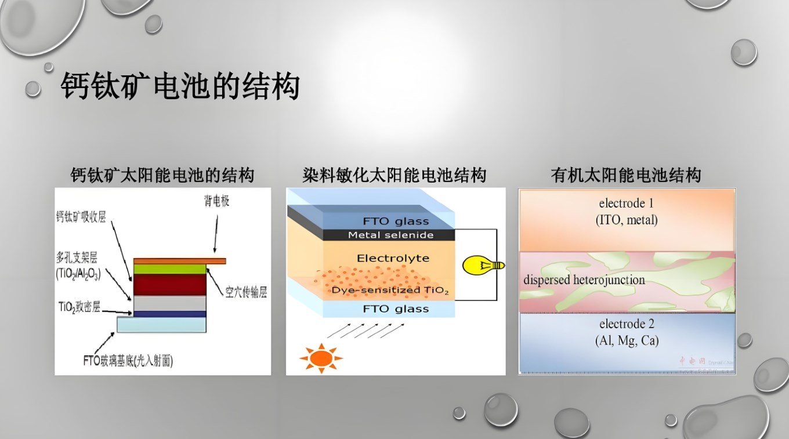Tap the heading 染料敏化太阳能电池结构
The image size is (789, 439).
point(394,175)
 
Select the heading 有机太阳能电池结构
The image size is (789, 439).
point(626,175)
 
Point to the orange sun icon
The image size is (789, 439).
point(321,358)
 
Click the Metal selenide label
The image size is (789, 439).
point(390,235)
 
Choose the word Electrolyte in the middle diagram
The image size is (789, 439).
point(393,258)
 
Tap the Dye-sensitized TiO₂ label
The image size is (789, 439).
point(390,290)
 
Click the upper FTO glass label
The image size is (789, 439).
point(396,221)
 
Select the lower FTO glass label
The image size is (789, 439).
point(396,309)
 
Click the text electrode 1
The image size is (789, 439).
point(626,204)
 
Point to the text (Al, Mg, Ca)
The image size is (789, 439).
point(627,341)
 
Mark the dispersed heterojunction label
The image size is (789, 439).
point(584,280)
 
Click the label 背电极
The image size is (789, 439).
point(216,202)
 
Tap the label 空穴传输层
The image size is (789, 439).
point(246,293)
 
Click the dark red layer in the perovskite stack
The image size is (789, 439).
point(170,284)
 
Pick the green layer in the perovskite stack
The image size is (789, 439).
point(170,269)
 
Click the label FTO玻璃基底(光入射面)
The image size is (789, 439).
point(128,361)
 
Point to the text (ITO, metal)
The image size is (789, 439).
point(627,220)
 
